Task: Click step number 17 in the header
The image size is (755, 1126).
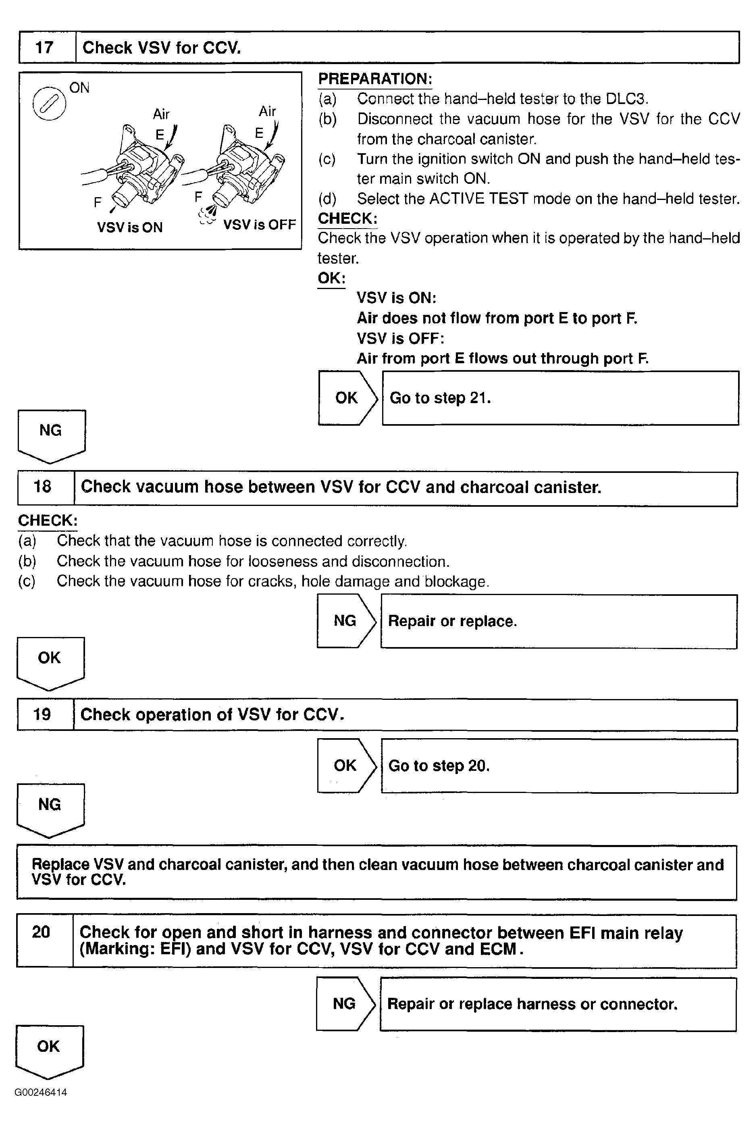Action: [x=44, y=47]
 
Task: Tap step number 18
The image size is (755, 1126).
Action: [x=42, y=487]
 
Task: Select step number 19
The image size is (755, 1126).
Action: [x=42, y=714]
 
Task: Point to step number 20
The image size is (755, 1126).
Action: [x=41, y=932]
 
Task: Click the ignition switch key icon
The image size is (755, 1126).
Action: [x=49, y=104]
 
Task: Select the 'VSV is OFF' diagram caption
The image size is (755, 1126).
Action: [x=259, y=225]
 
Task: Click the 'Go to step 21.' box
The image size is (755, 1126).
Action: [x=560, y=398]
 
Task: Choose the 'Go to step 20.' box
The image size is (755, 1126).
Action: [x=559, y=766]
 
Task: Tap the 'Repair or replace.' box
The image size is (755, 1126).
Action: [x=559, y=621]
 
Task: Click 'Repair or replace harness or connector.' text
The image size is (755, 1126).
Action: [x=532, y=1004]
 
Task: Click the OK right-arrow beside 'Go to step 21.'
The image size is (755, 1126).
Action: [x=347, y=398]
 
